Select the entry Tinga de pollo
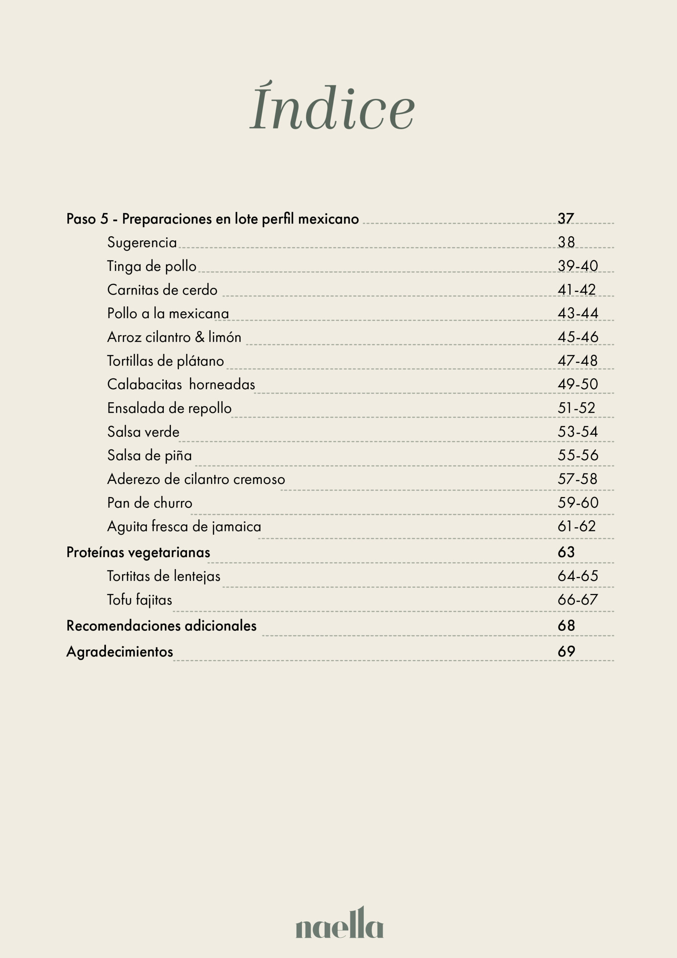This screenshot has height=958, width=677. [151, 266]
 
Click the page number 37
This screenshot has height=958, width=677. [566, 218]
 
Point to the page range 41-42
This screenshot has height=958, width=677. [576, 290]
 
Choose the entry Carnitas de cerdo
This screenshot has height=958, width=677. [162, 290]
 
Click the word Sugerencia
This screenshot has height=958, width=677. [142, 242]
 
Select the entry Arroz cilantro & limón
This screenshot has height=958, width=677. [174, 337]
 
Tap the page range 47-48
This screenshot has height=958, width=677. [577, 360]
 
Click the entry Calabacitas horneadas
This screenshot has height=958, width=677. [181, 384]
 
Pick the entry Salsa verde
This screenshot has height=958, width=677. [143, 432]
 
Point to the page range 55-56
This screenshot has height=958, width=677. [578, 455]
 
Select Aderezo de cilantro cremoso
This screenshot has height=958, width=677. [196, 479]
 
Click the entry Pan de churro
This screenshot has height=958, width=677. [149, 503]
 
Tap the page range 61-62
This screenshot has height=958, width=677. [576, 526]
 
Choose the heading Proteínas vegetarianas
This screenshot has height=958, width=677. [138, 552]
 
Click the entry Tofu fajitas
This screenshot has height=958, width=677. [139, 600]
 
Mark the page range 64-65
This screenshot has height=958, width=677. [578, 576]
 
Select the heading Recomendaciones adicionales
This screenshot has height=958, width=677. [162, 626]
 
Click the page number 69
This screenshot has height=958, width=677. [566, 651]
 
